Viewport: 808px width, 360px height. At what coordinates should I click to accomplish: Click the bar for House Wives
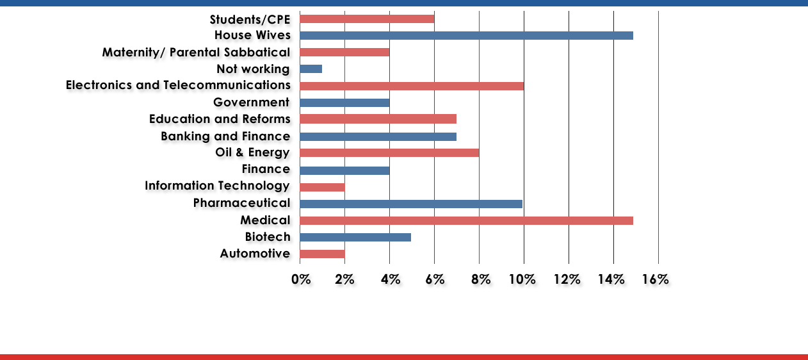pyautogui.click(x=466, y=35)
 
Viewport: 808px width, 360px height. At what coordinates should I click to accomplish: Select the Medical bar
pyautogui.click(x=466, y=220)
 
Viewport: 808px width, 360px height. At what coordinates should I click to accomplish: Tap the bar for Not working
pyautogui.click(x=311, y=69)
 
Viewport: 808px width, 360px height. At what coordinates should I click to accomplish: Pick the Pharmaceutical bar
pyautogui.click(x=411, y=204)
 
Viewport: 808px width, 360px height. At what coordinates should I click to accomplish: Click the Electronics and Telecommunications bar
pyautogui.click(x=411, y=86)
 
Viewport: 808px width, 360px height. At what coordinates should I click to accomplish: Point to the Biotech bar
pyautogui.click(x=355, y=237)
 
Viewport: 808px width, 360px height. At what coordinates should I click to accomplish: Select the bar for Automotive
pyautogui.click(x=322, y=254)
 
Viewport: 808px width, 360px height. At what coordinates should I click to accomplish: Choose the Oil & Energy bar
pyautogui.click(x=389, y=152)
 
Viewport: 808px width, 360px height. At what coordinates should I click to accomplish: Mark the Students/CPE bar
pyautogui.click(x=367, y=19)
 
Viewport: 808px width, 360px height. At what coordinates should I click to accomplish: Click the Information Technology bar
pyautogui.click(x=322, y=187)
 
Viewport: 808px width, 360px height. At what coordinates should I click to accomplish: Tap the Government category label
pyautogui.click(x=252, y=102)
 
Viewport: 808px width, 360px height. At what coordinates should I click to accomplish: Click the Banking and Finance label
pyautogui.click(x=225, y=136)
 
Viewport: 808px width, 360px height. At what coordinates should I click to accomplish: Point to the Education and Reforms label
pyautogui.click(x=220, y=119)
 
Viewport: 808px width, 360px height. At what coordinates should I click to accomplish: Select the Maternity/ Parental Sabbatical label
pyautogui.click(x=196, y=52)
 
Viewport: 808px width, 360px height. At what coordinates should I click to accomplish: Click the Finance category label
pyautogui.click(x=266, y=170)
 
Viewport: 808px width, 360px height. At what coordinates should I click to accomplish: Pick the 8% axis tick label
pyautogui.click(x=481, y=279)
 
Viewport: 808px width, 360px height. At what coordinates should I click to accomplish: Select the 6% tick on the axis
pyautogui.click(x=433, y=279)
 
